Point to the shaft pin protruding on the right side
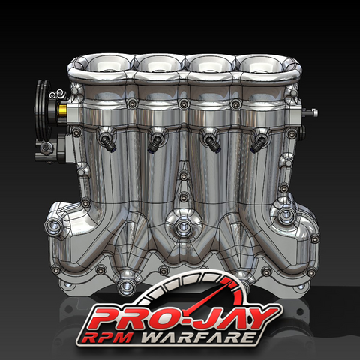pos(310,114)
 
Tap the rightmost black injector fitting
pos(259,140)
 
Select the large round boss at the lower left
pos(54,226)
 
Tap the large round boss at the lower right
pos(286,218)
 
